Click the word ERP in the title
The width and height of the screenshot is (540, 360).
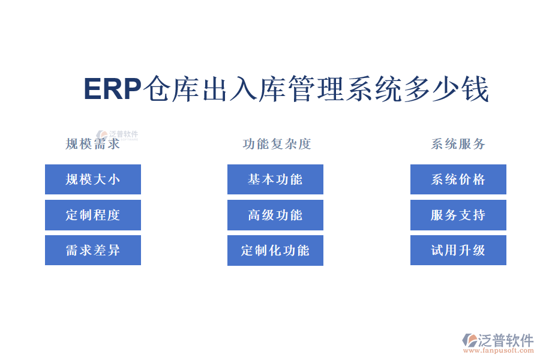click(112, 89)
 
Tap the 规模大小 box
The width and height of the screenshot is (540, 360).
click(93, 179)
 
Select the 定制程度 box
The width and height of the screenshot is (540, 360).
click(93, 215)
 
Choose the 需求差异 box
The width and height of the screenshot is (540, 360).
click(93, 250)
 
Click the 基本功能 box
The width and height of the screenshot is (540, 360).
click(275, 179)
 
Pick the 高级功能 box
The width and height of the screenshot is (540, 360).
click(275, 215)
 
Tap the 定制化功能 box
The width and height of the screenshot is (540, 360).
click(275, 250)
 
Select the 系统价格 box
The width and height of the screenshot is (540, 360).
click(458, 179)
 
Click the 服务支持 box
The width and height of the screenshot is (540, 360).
click(458, 215)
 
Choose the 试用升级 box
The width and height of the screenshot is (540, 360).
click(458, 250)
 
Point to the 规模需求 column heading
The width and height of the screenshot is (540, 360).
click(93, 144)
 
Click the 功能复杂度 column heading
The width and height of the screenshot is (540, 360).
click(277, 144)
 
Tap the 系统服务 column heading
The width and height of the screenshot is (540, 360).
click(458, 144)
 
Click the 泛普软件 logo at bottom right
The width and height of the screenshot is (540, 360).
click(498, 340)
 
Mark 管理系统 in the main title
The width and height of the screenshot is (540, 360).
click(343, 89)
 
